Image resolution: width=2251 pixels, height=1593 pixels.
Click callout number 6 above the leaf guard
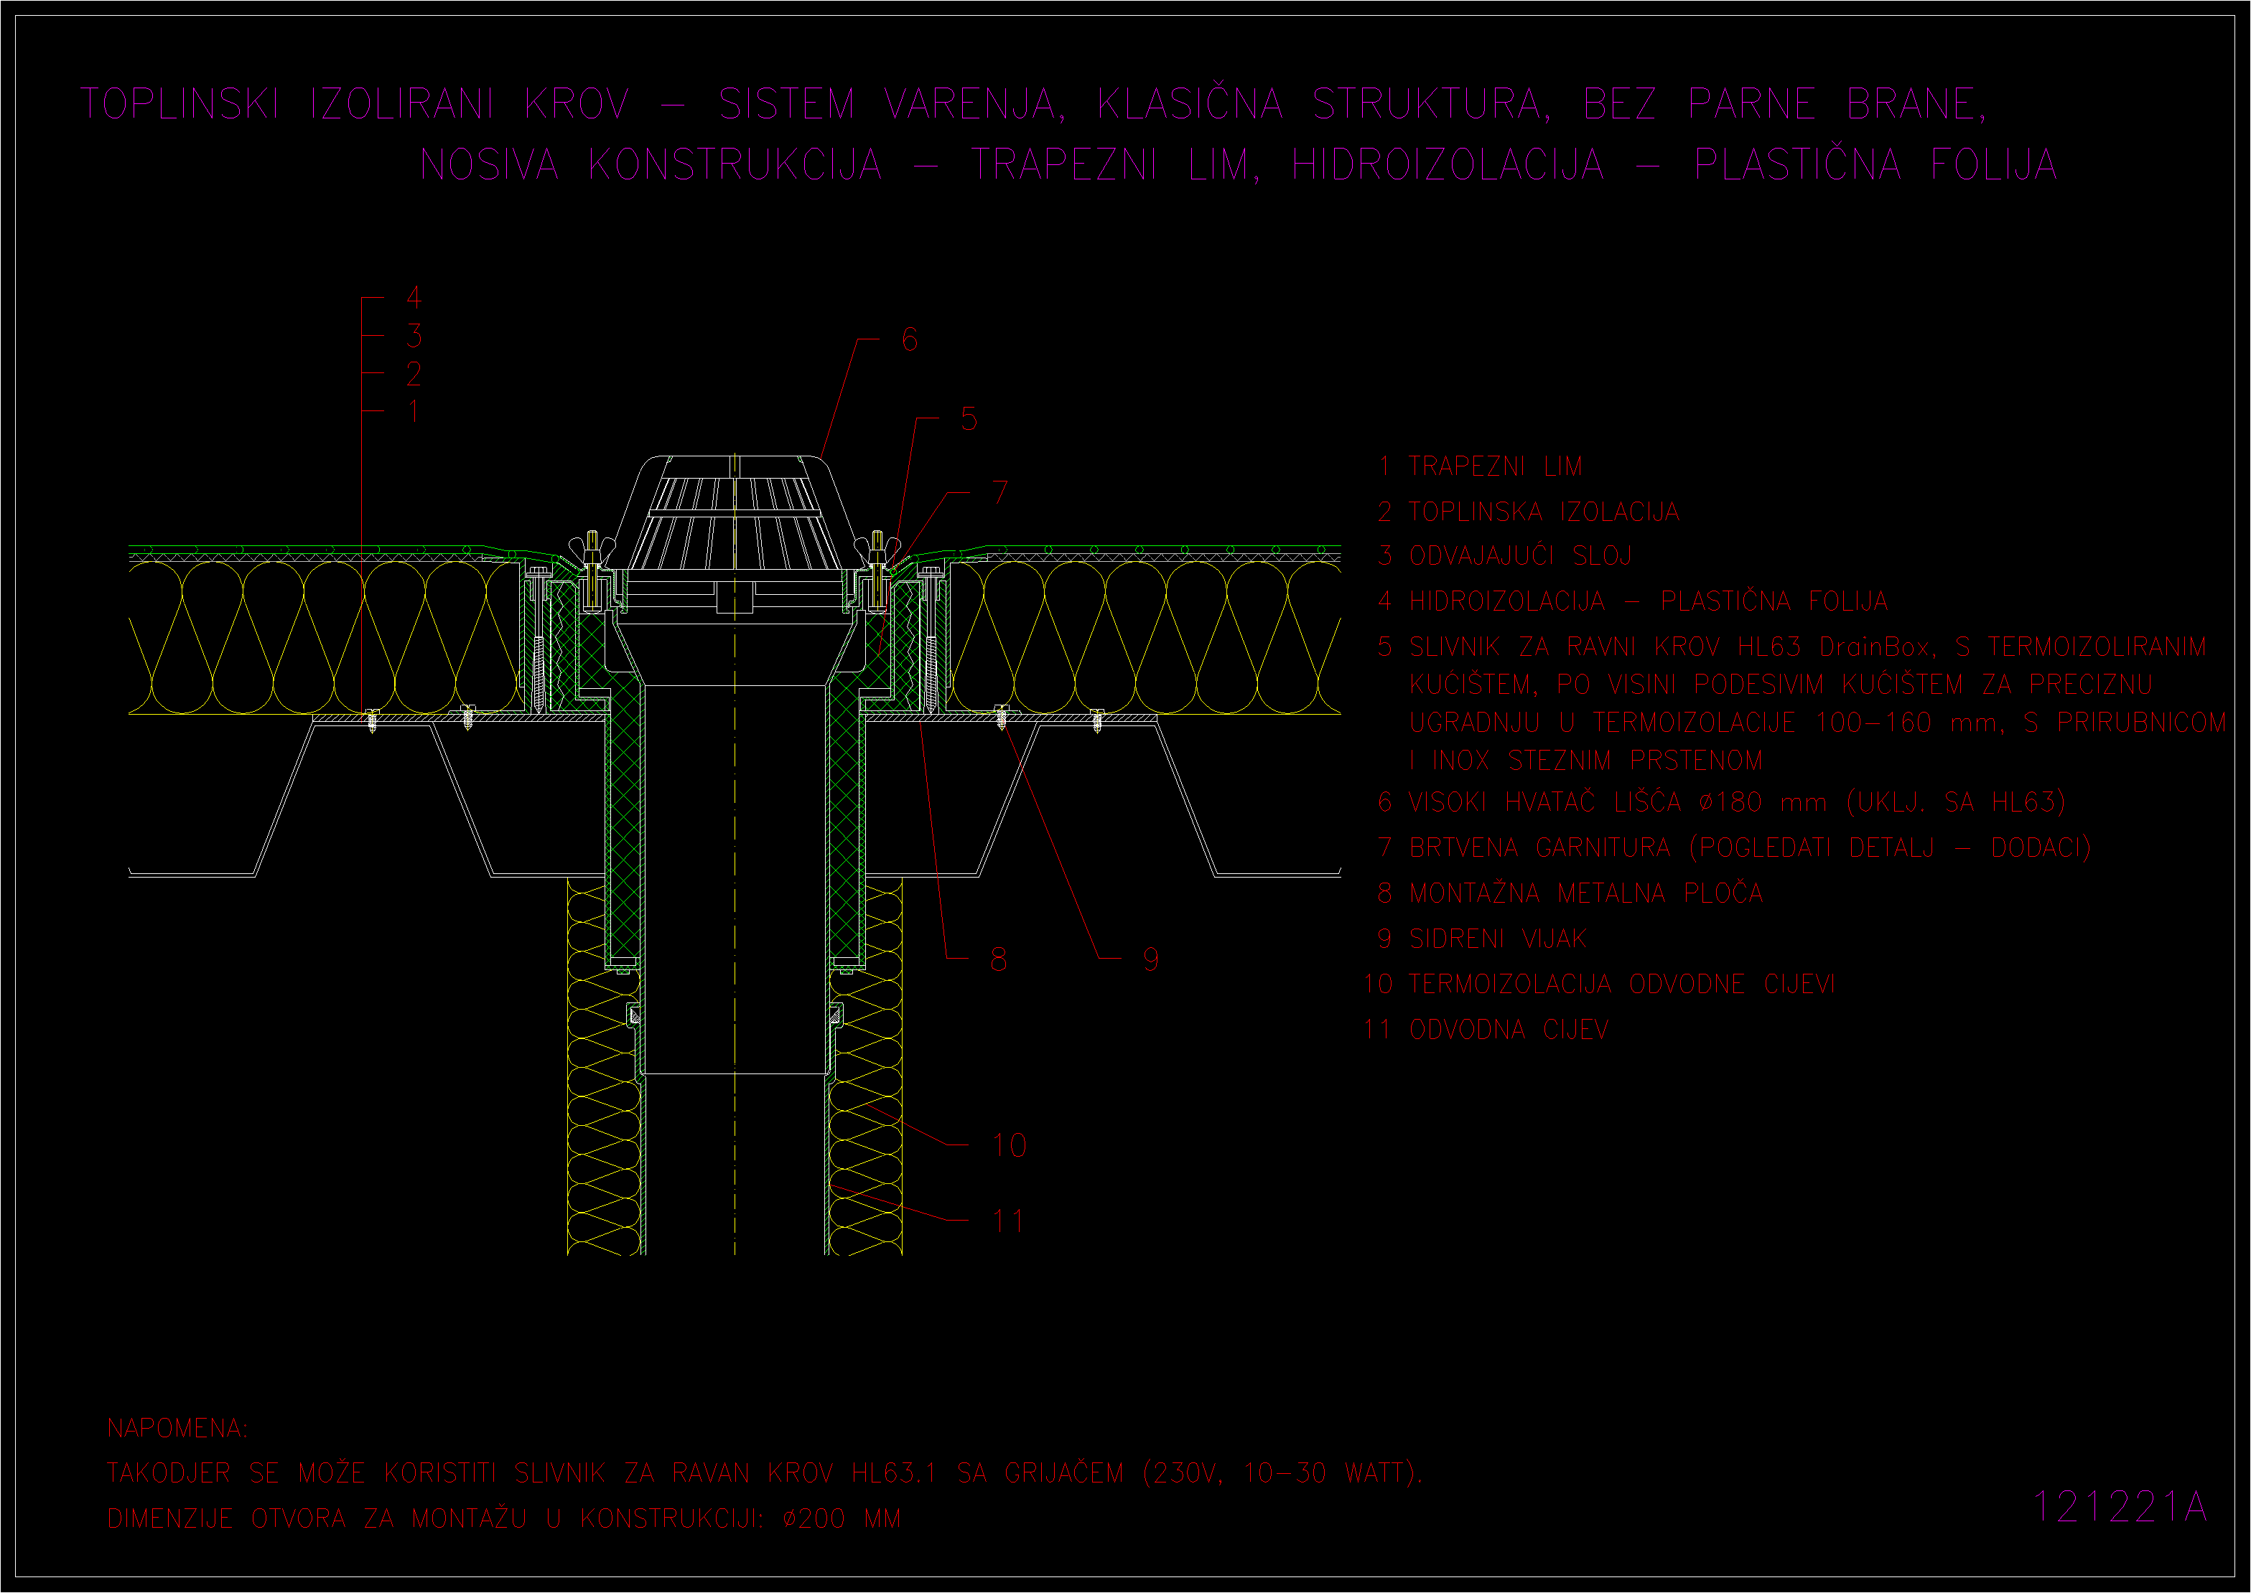click(910, 339)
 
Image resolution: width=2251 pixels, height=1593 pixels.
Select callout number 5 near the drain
click(969, 419)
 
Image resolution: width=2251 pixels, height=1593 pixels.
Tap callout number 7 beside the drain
click(1000, 492)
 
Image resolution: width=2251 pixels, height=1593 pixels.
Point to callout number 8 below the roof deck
click(998, 959)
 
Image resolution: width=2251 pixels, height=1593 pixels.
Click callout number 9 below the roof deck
click(1150, 959)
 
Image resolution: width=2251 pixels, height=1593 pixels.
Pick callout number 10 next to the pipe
click(1009, 1145)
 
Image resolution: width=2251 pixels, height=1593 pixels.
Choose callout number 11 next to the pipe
click(1008, 1221)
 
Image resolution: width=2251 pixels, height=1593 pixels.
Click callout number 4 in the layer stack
click(414, 297)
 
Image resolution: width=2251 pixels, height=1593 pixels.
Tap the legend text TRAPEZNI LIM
click(1496, 466)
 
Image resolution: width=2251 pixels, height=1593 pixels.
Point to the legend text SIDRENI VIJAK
click(1497, 939)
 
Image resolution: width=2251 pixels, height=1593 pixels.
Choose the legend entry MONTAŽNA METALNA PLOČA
click(1585, 893)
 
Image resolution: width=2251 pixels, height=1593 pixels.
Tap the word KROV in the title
click(577, 104)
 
